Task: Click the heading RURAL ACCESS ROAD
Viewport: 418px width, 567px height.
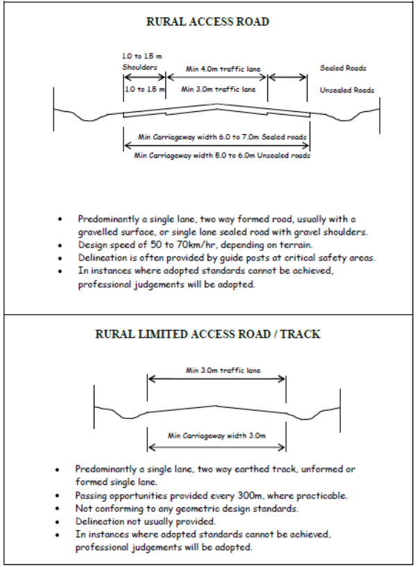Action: (208, 22)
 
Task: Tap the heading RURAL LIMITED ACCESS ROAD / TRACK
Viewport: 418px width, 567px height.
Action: (208, 334)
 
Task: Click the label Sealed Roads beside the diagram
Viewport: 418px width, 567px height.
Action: (343, 68)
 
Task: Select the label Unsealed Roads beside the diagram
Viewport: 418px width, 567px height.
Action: (347, 90)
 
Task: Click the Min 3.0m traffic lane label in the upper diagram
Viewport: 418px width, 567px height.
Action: (217, 90)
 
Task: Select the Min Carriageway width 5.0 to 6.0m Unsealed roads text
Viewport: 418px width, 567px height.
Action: (222, 156)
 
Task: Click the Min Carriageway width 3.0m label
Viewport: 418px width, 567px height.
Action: (217, 436)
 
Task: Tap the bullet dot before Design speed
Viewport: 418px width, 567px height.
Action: (61, 246)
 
